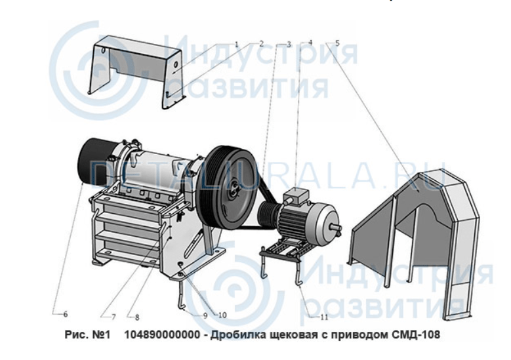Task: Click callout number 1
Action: click(x=237, y=44)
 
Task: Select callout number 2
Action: click(x=261, y=44)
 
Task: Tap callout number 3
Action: click(x=289, y=44)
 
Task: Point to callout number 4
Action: click(x=310, y=43)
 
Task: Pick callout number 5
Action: click(x=337, y=43)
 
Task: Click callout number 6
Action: click(x=66, y=314)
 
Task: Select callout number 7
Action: click(x=113, y=317)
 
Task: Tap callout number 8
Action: click(x=137, y=317)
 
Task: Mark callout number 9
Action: click(x=205, y=315)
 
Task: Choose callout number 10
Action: click(x=222, y=315)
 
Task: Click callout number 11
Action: click(x=324, y=317)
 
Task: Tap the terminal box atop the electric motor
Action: click(x=296, y=195)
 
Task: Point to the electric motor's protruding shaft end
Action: click(x=336, y=227)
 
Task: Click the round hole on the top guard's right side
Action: click(x=174, y=64)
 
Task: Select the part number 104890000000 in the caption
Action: click(x=162, y=334)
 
